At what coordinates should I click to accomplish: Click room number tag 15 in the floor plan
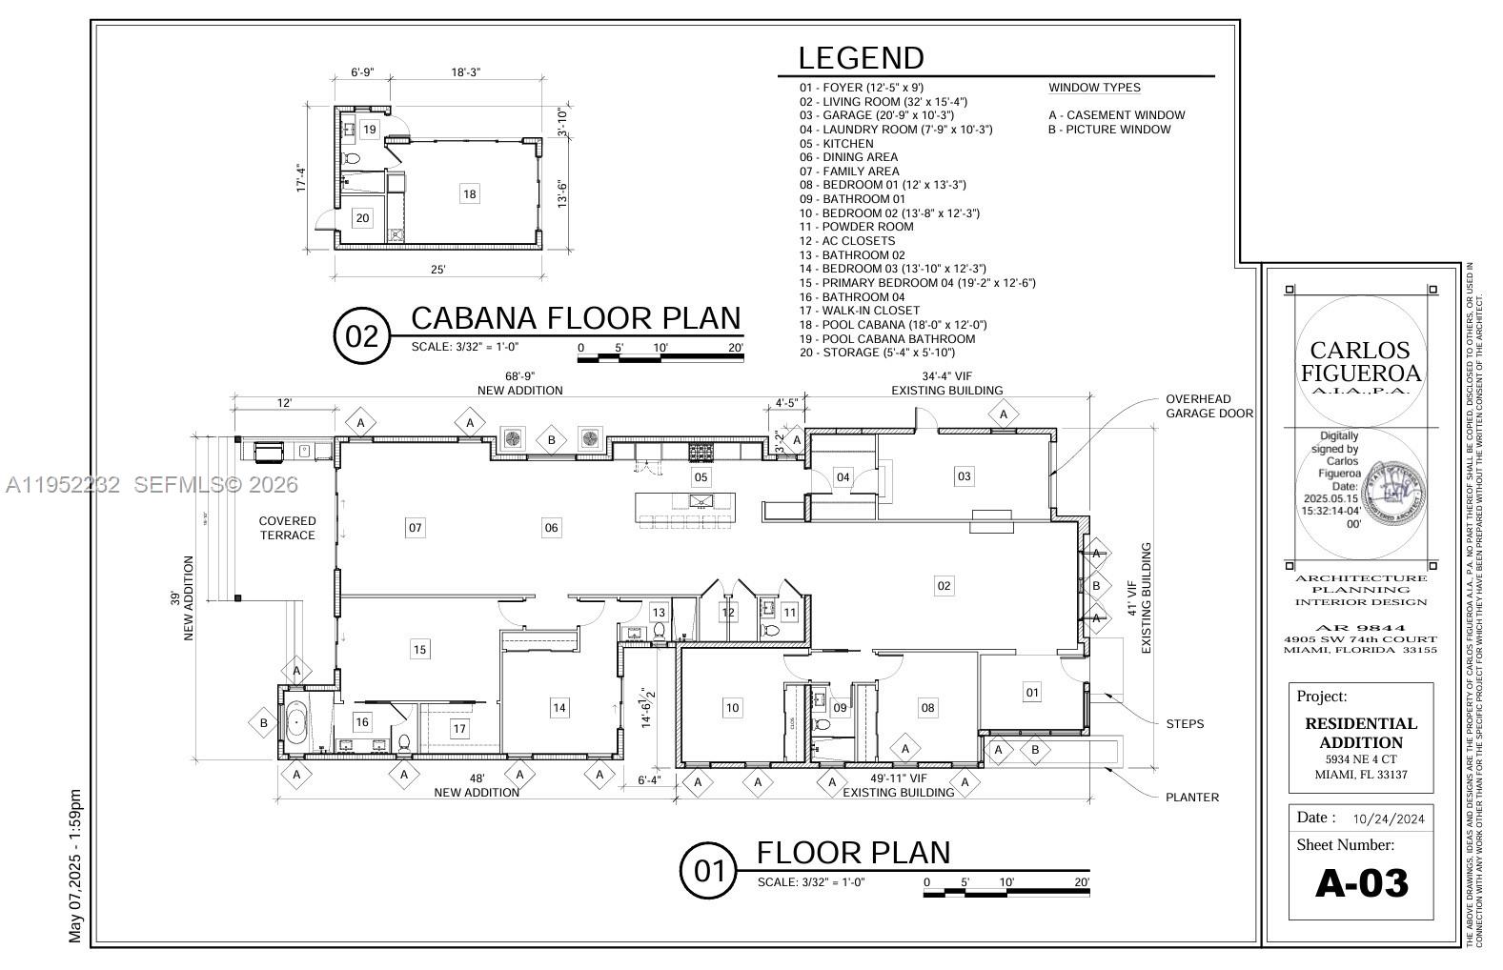pos(419,649)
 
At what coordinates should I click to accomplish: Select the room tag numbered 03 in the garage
pos(964,475)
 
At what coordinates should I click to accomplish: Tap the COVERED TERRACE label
pos(287,528)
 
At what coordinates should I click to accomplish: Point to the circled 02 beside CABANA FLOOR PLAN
pos(362,336)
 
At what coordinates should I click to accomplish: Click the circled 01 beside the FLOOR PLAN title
pos(708,871)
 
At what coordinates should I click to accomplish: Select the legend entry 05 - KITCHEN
pos(836,144)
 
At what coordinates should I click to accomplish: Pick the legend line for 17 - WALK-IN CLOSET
pos(860,311)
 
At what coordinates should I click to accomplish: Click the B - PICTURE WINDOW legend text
pos(1109,130)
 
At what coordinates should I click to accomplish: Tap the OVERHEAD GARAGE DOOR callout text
pos(1208,406)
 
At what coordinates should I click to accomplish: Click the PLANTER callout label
pos(1191,797)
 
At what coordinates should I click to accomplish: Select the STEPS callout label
pos(1185,723)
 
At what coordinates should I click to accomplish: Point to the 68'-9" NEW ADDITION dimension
pos(519,383)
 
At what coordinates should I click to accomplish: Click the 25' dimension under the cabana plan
pos(437,270)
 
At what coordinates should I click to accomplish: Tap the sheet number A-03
pos(1361,883)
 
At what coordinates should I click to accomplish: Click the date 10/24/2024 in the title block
pos(1388,818)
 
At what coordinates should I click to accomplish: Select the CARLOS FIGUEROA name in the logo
pos(1360,361)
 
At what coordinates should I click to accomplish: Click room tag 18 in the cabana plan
pos(469,193)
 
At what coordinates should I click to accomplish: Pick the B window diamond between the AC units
pos(551,440)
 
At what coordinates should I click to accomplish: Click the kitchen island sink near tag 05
pos(700,501)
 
